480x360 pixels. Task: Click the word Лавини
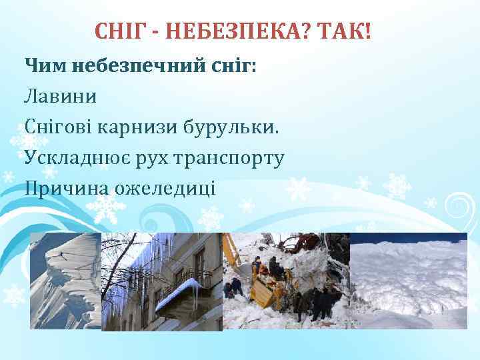click(60, 96)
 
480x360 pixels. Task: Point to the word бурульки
click(231, 127)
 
